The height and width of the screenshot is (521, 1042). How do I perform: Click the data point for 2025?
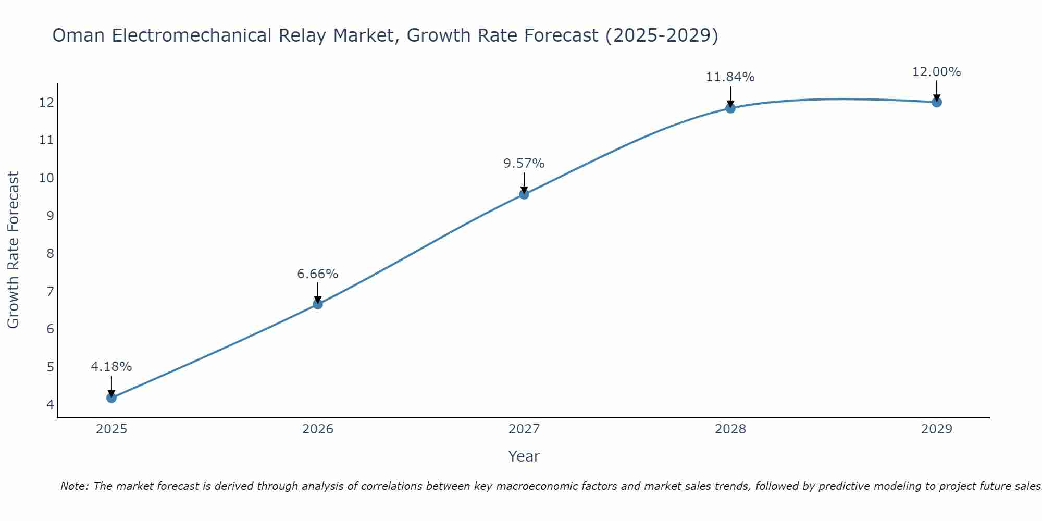point(111,398)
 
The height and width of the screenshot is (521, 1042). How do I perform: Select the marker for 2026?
point(318,304)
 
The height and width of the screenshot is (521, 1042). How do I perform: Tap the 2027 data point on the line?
point(524,194)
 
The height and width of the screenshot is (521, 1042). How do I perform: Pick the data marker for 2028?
point(730,108)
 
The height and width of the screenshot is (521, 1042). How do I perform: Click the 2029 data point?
point(937,102)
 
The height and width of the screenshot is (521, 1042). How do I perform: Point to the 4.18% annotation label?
point(111,367)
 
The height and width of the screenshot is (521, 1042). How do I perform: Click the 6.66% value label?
point(318,274)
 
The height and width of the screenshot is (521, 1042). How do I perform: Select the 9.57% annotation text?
point(524,164)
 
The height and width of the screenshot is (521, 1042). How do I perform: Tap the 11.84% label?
point(730,77)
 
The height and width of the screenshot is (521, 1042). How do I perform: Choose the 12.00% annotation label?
point(937,72)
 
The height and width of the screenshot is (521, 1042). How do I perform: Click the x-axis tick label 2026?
point(318,429)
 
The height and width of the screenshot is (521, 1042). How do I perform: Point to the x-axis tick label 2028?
point(730,429)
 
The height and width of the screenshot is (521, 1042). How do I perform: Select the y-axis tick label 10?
point(47,178)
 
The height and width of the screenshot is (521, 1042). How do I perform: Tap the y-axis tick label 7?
point(50,291)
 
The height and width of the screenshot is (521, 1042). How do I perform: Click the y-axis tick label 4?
point(50,404)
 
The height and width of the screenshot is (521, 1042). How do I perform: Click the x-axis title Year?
point(524,456)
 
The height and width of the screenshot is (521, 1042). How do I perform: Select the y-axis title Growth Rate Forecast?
point(14,250)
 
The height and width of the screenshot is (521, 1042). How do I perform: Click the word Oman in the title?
point(79,35)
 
